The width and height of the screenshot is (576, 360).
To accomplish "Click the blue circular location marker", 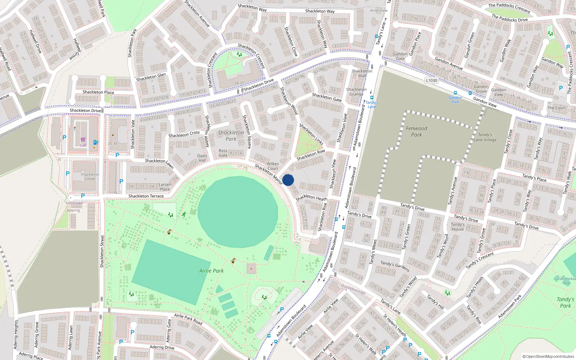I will [288, 180].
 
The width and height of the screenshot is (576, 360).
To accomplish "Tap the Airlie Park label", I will [211, 271].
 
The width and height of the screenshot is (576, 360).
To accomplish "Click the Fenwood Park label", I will [417, 131].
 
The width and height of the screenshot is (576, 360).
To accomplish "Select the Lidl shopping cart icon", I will [83, 140].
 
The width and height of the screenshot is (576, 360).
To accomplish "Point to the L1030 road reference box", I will [431, 80].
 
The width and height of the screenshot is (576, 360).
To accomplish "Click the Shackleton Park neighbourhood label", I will [231, 136].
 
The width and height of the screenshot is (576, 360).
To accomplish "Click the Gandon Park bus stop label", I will [455, 100].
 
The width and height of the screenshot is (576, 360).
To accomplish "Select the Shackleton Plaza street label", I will [98, 92].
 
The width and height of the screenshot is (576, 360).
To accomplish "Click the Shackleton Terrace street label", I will [146, 196].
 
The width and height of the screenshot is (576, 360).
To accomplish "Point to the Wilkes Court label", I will [273, 166].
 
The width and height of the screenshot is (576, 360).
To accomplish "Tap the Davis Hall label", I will [202, 158].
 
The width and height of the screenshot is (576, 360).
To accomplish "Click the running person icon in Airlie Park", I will [184, 214].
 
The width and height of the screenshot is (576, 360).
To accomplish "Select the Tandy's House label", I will [458, 226].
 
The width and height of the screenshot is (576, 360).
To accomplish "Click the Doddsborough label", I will [353, 289].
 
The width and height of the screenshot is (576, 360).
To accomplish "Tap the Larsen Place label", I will [165, 186].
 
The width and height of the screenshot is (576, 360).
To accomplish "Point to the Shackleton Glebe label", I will [90, 176].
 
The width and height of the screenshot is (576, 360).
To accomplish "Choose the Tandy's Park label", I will [565, 302].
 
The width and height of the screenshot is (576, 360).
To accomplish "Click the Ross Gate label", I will [223, 153].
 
